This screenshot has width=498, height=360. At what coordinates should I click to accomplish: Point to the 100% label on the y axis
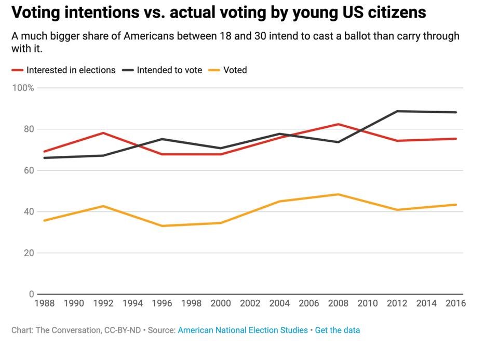pos(23,88)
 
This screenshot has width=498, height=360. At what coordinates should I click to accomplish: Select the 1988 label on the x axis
pos(44,303)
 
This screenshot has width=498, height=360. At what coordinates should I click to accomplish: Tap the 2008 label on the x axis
pos(338,303)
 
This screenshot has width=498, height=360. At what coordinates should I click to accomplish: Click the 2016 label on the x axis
pos(455,303)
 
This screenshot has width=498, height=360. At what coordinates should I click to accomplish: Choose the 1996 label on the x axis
pos(162,303)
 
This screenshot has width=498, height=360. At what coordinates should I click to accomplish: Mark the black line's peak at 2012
pos(397,111)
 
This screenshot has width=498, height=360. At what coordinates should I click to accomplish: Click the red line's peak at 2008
pos(339,124)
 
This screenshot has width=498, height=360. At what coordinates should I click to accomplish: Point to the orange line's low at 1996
pos(162,226)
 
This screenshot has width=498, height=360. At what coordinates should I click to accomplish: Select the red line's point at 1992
pos(103,133)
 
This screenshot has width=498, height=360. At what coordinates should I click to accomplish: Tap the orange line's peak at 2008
pos(339,194)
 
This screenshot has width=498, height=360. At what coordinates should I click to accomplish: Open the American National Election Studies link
pos(243,330)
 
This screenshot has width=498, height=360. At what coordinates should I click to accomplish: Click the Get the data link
pos(338,330)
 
